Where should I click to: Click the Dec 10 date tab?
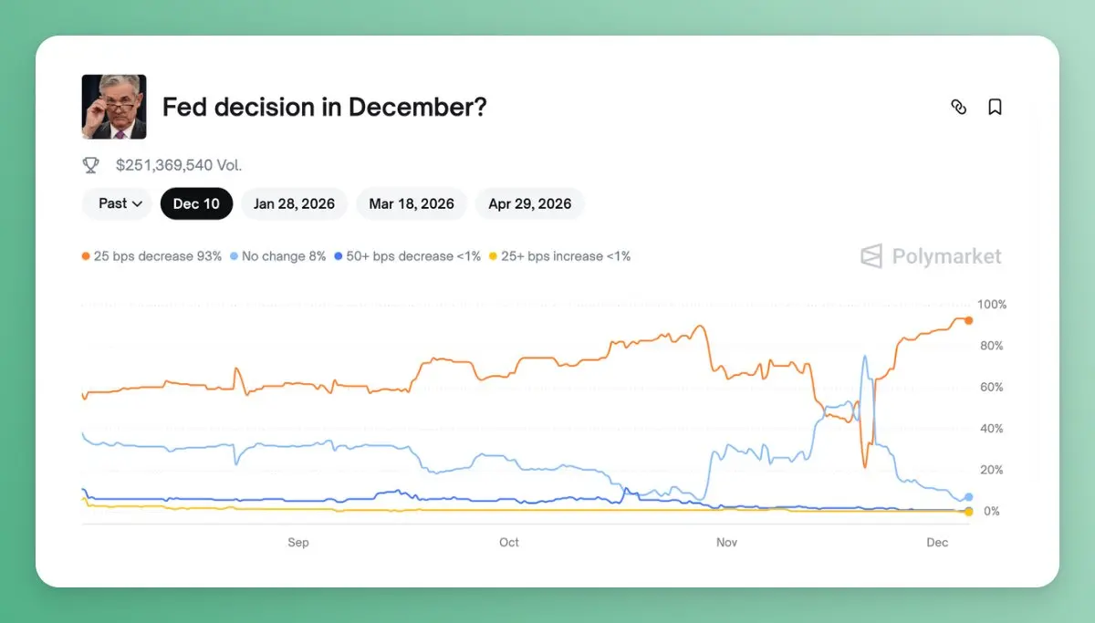[196, 203]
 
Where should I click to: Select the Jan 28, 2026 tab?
[294, 203]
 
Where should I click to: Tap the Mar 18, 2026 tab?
[412, 203]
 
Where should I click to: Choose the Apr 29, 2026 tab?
[529, 203]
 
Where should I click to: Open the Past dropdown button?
[120, 203]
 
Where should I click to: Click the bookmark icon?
[995, 107]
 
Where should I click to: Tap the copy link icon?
[958, 107]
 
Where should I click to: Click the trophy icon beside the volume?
[91, 165]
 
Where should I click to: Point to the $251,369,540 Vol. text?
[179, 165]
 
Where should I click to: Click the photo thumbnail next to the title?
[114, 107]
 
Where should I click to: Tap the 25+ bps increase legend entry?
[559, 256]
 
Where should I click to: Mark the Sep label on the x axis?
[298, 543]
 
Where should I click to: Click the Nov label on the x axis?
[726, 543]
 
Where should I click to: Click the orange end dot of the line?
[968, 320]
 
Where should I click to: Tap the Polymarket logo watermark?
[931, 256]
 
